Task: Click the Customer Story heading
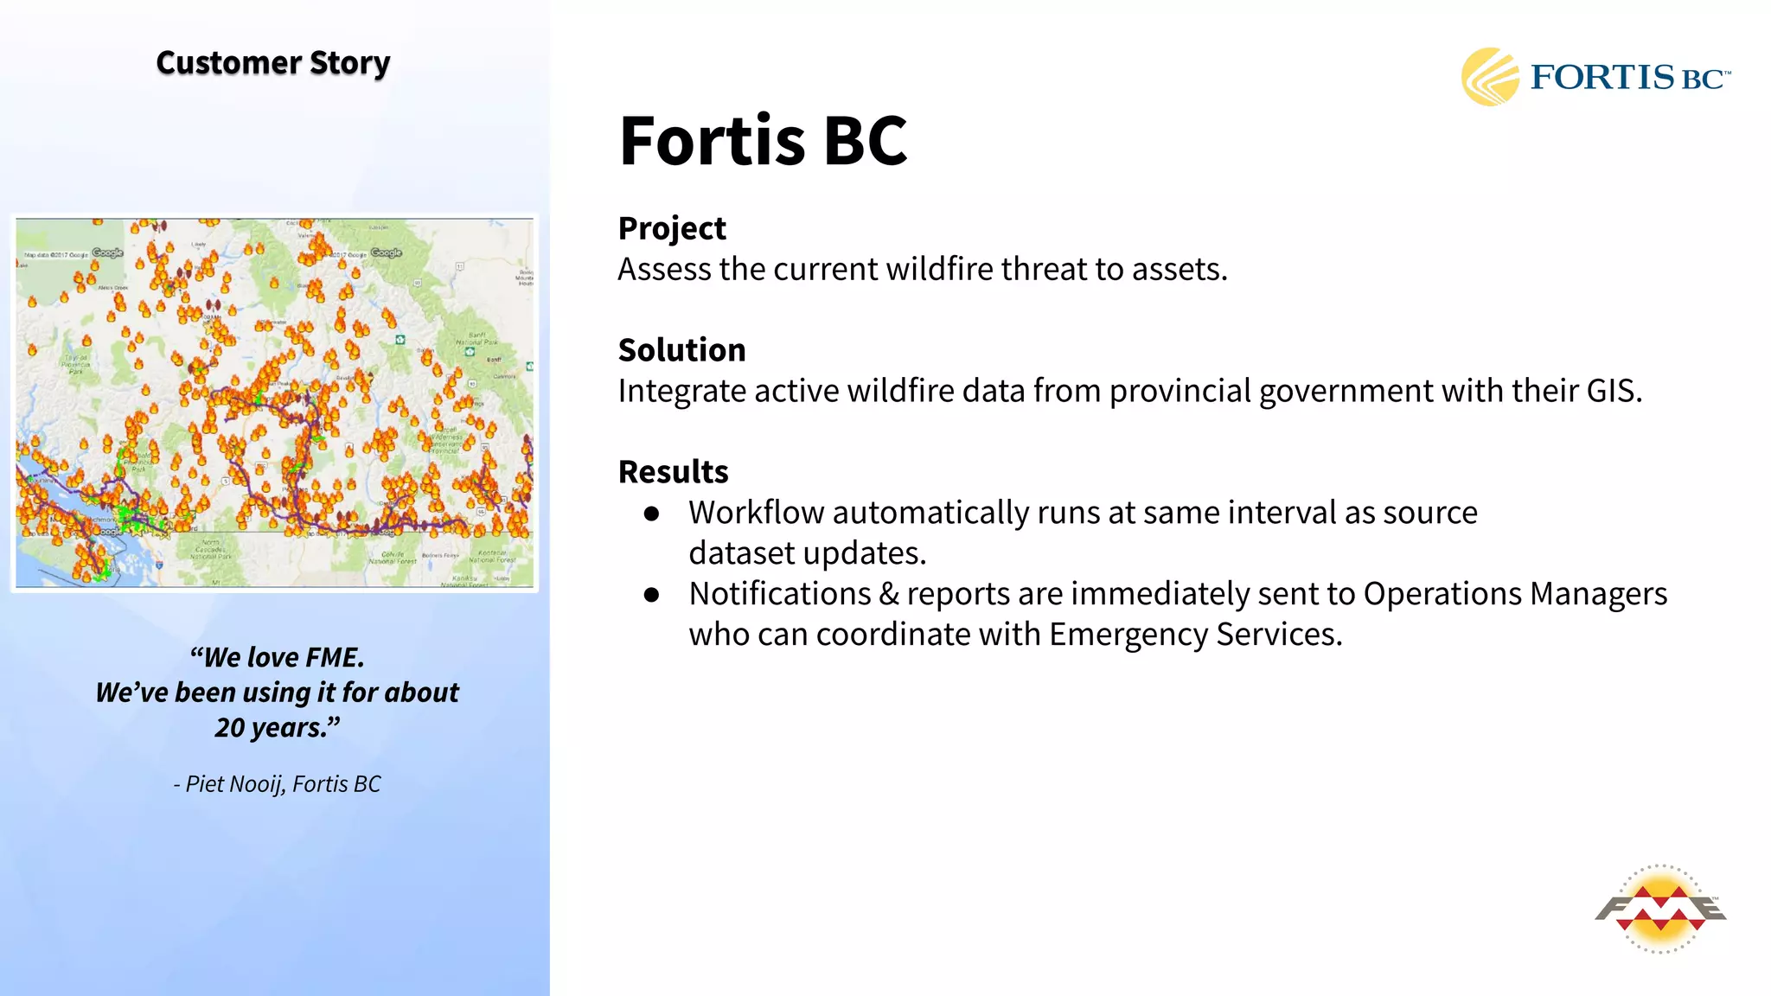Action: point(272,63)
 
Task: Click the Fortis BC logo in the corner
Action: point(1595,77)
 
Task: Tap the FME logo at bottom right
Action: point(1660,909)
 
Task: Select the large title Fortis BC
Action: point(763,141)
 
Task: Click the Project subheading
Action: point(672,228)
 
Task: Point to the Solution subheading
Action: point(681,350)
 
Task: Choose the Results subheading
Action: point(673,472)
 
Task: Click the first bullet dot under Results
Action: point(652,514)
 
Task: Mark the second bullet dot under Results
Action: point(652,595)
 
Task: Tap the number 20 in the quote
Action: point(230,728)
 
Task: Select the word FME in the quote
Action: point(333,658)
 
